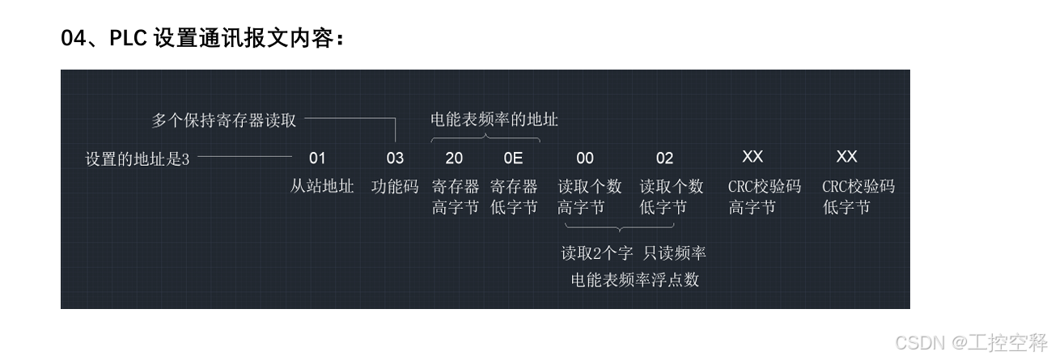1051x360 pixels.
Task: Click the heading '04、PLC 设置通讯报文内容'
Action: (202, 38)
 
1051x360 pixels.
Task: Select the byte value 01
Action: (317, 159)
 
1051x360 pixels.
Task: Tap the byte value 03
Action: (394, 159)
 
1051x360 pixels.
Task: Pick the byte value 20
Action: (454, 159)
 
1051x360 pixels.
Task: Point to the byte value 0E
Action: (513, 159)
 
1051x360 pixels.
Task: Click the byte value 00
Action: (585, 159)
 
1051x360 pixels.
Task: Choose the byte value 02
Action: (664, 159)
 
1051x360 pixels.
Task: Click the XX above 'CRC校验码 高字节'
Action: (752, 157)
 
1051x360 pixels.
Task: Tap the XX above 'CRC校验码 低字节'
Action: (846, 157)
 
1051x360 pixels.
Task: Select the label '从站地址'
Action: (322, 187)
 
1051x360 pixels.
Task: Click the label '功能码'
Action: (395, 187)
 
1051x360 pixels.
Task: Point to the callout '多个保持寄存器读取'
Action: (224, 121)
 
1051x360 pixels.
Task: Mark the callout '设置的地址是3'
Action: (137, 159)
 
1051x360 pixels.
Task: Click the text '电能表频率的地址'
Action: (494, 120)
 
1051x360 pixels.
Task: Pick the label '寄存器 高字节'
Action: (456, 197)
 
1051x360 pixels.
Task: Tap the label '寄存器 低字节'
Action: (514, 197)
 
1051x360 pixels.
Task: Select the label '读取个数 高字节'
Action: (589, 197)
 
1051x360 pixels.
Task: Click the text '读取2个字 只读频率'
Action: (634, 253)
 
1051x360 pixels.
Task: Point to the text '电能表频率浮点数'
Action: (634, 281)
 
